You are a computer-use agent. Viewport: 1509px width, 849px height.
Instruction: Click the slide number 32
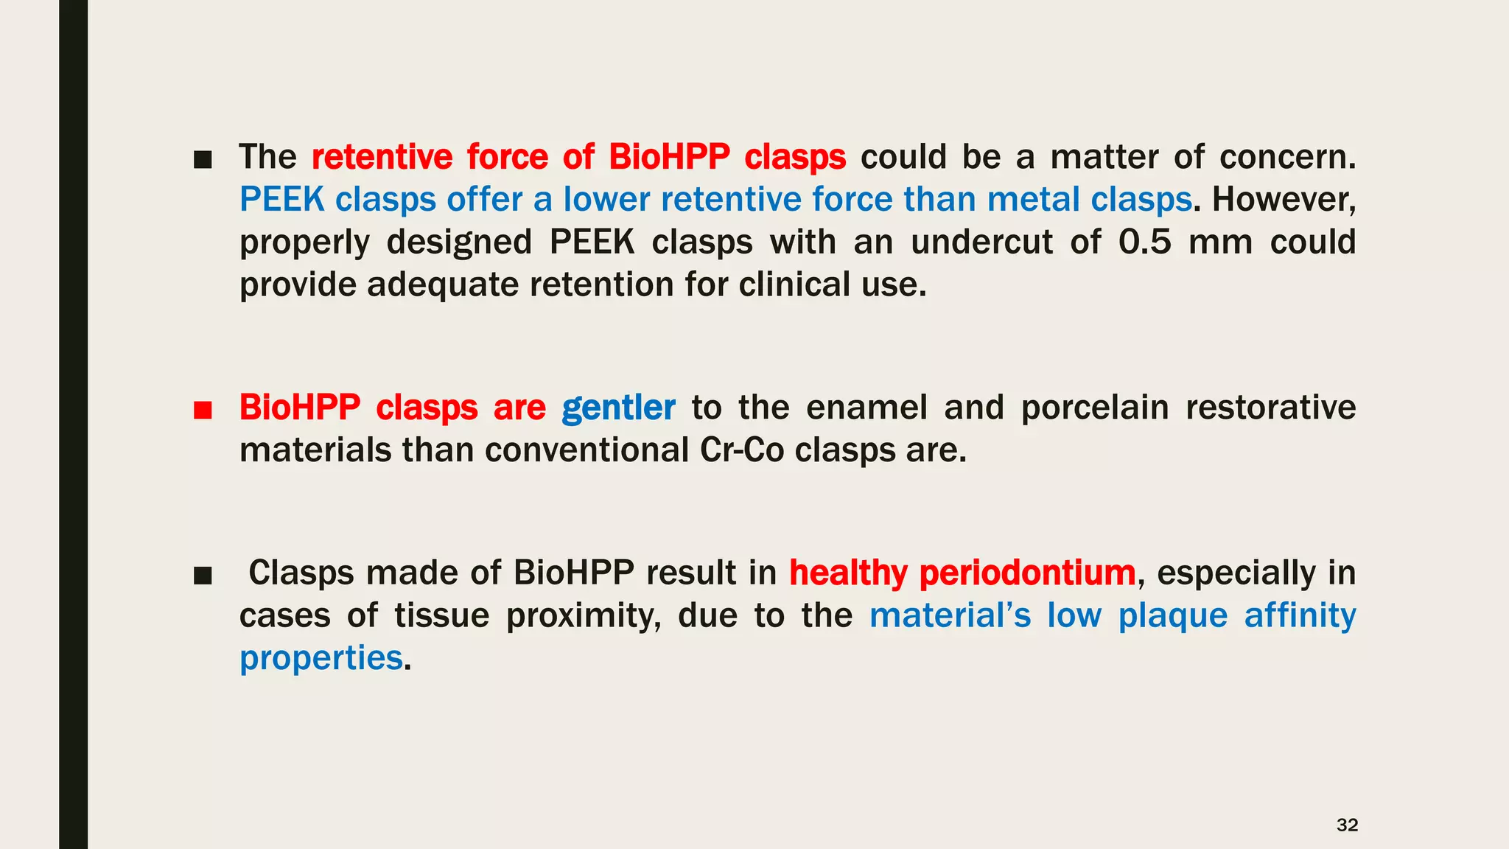coord(1347,825)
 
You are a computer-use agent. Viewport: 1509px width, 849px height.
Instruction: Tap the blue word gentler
coord(618,408)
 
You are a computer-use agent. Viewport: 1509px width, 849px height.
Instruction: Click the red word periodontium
coord(1027,573)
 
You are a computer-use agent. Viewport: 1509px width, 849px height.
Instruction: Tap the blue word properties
coord(321,658)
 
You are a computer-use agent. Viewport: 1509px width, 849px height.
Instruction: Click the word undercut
coord(981,242)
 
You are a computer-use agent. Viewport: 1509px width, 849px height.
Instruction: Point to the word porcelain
coord(1095,408)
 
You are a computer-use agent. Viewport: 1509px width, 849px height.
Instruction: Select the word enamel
coord(866,408)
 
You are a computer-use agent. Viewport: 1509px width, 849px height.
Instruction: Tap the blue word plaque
coord(1172,616)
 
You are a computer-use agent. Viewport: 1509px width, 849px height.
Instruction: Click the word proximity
coord(584,616)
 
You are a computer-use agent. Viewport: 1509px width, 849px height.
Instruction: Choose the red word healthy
coord(848,573)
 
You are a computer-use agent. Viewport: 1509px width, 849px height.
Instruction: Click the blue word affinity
coord(1300,615)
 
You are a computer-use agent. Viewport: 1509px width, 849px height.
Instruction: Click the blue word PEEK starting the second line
coord(282,199)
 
